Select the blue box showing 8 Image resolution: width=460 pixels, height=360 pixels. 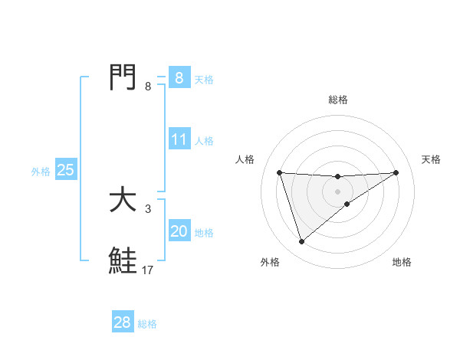pyautogui.click(x=179, y=78)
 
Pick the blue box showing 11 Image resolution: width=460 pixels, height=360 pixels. pyautogui.click(x=179, y=139)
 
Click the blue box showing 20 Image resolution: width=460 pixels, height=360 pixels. pyautogui.click(x=179, y=231)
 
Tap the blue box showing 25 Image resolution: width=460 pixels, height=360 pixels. pyautogui.click(x=66, y=170)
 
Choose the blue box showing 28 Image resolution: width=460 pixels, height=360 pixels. pyautogui.click(x=123, y=322)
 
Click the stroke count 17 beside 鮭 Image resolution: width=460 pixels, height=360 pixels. pyautogui.click(x=148, y=270)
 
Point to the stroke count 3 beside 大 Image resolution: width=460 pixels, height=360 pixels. pyautogui.click(x=148, y=208)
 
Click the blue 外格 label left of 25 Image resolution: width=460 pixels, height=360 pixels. pyautogui.click(x=41, y=172)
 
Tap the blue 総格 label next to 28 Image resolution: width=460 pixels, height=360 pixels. pyautogui.click(x=147, y=324)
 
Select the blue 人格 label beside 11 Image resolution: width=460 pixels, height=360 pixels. pyautogui.click(x=204, y=141)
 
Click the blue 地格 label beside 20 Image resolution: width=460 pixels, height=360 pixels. pyautogui.click(x=204, y=233)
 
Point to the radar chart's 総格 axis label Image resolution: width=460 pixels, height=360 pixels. pyautogui.click(x=337, y=100)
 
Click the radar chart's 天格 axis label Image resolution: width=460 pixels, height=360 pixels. pyautogui.click(x=431, y=159)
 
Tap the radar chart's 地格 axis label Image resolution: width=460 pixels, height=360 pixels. pyautogui.click(x=402, y=263)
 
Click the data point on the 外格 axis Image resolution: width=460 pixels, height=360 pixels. pyautogui.click(x=301, y=241)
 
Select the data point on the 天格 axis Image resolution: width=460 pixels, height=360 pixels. pyautogui.click(x=396, y=172)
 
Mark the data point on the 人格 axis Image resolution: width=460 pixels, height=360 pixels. pyautogui.click(x=279, y=172)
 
